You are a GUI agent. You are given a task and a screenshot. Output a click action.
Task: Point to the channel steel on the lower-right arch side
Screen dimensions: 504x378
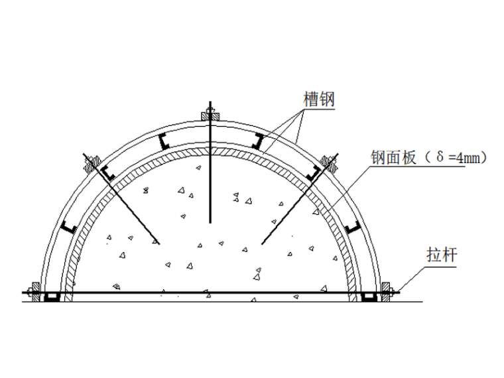click(353, 228)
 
